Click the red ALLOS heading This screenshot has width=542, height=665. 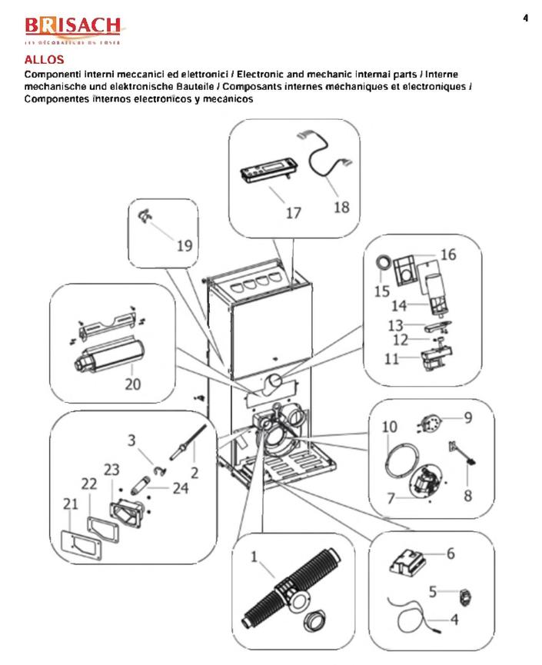tap(40, 59)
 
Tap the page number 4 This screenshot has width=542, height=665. tap(525, 18)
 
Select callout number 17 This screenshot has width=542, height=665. tap(294, 213)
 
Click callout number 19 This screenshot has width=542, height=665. tap(184, 246)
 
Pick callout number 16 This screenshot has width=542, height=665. tap(447, 254)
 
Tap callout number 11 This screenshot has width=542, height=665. tap(392, 358)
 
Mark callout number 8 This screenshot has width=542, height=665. tap(467, 496)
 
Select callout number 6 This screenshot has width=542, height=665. tap(451, 553)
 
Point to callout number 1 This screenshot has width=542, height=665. tap(254, 557)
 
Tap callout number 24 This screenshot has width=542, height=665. tap(181, 487)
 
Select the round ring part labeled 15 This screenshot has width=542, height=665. tap(381, 264)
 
